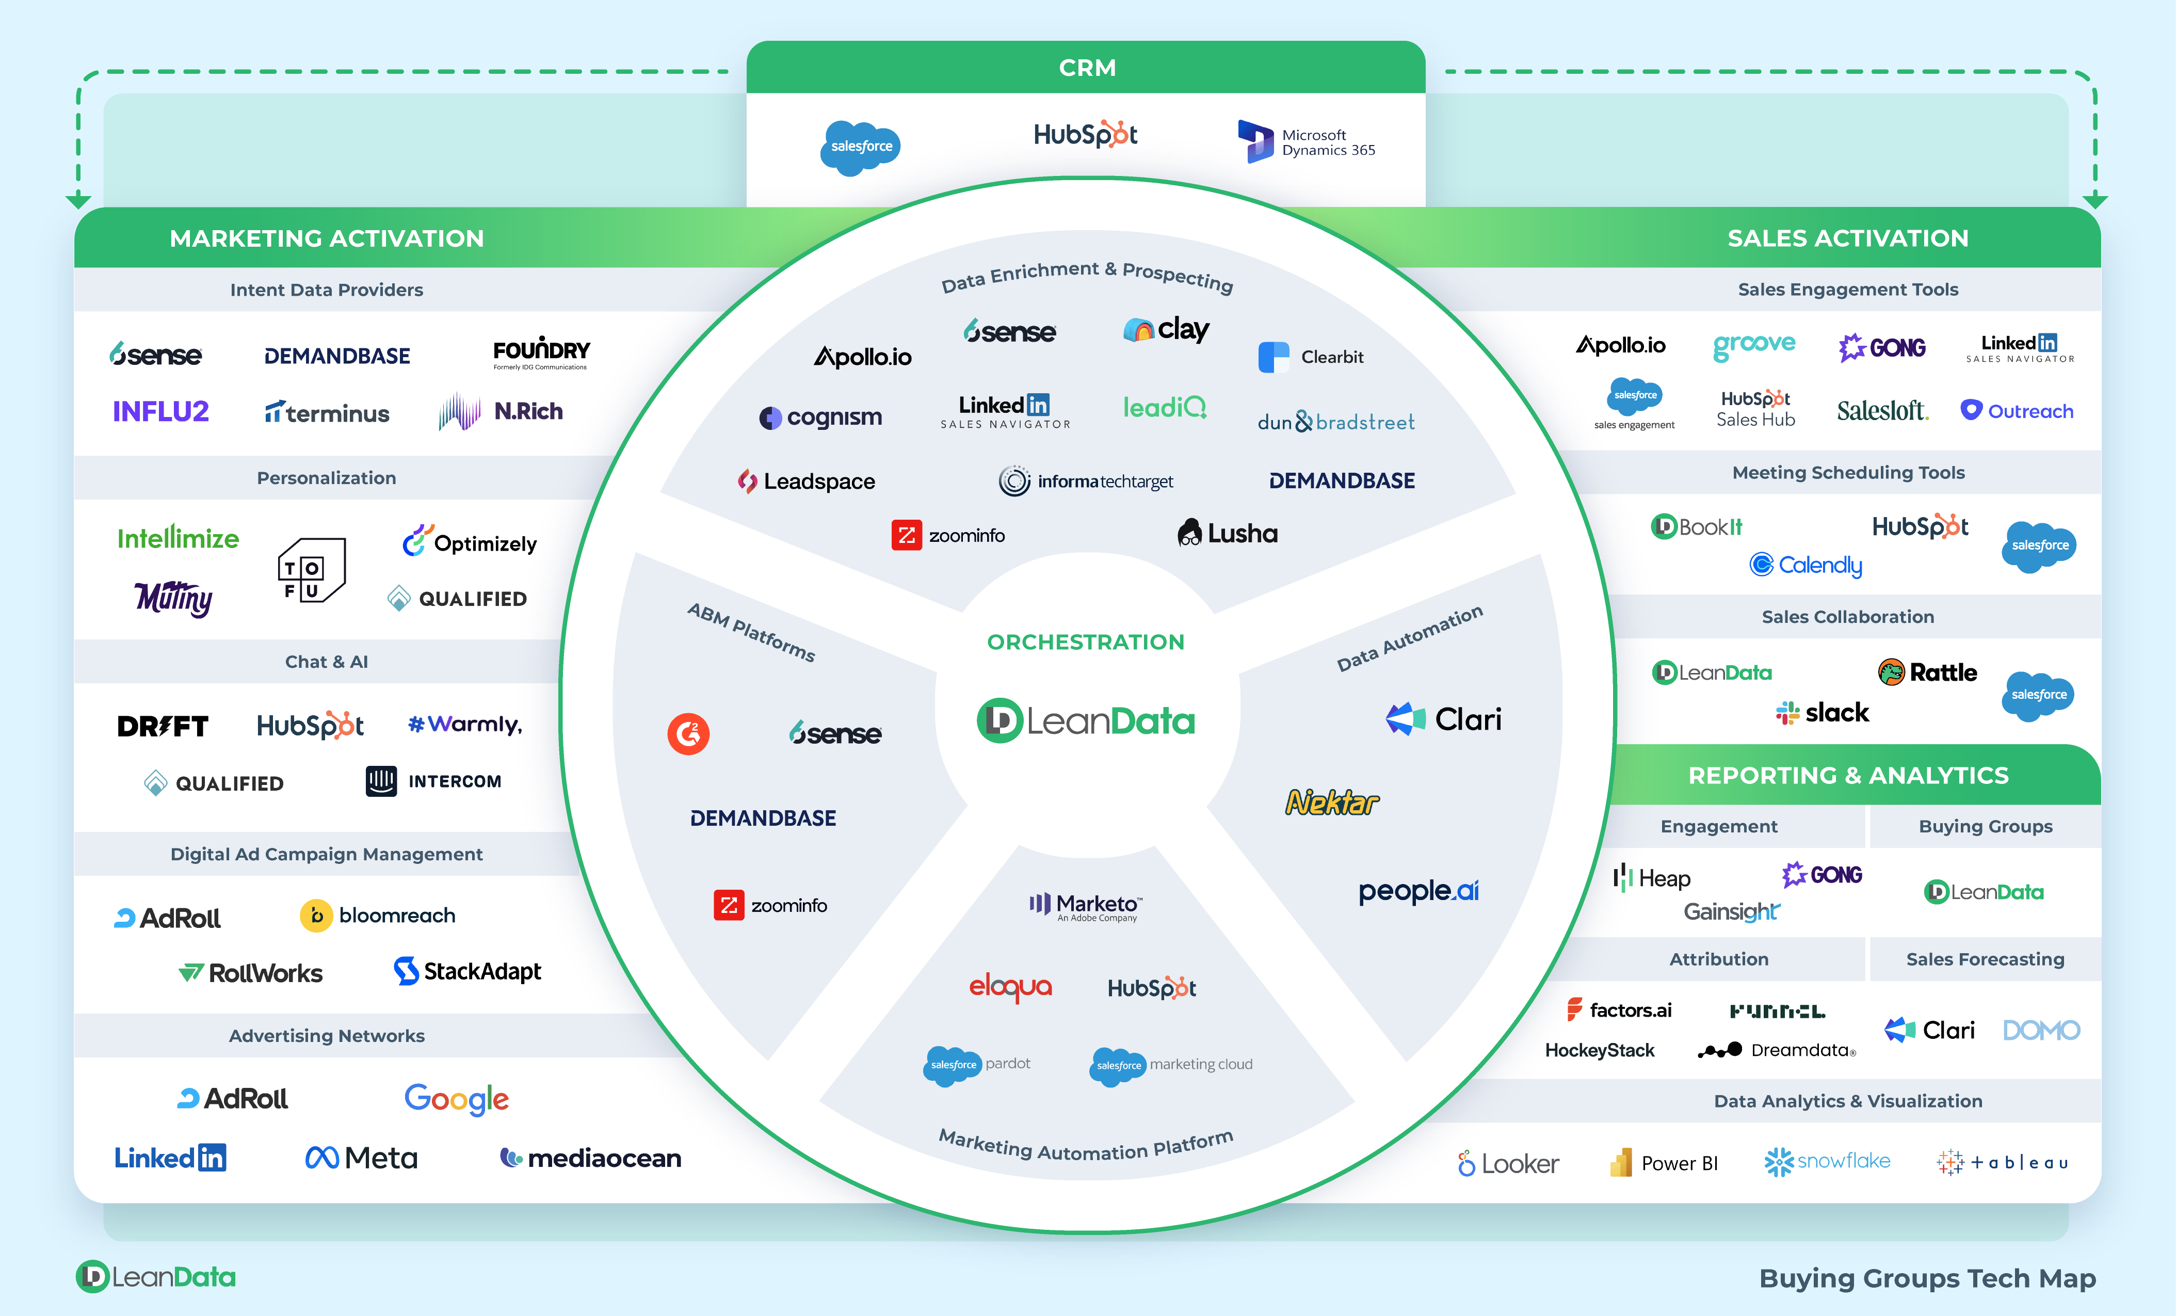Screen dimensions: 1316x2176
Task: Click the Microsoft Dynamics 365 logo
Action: (1307, 142)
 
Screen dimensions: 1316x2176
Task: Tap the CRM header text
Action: (1087, 68)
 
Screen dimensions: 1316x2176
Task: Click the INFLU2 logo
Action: (160, 412)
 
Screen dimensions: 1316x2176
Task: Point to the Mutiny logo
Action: (174, 599)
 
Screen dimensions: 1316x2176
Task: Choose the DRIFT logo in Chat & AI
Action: (163, 726)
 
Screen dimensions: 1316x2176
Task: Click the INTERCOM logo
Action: (433, 782)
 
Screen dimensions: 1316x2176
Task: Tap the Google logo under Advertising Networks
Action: (457, 1099)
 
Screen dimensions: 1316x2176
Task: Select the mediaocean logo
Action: (591, 1158)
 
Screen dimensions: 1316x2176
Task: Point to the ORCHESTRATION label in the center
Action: (1085, 642)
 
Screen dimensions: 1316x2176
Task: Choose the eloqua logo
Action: (1010, 987)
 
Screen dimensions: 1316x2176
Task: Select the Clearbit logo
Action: (1311, 357)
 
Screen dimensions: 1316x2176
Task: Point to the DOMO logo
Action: (2041, 1031)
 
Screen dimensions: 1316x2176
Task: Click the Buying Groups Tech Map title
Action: (1927, 1278)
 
